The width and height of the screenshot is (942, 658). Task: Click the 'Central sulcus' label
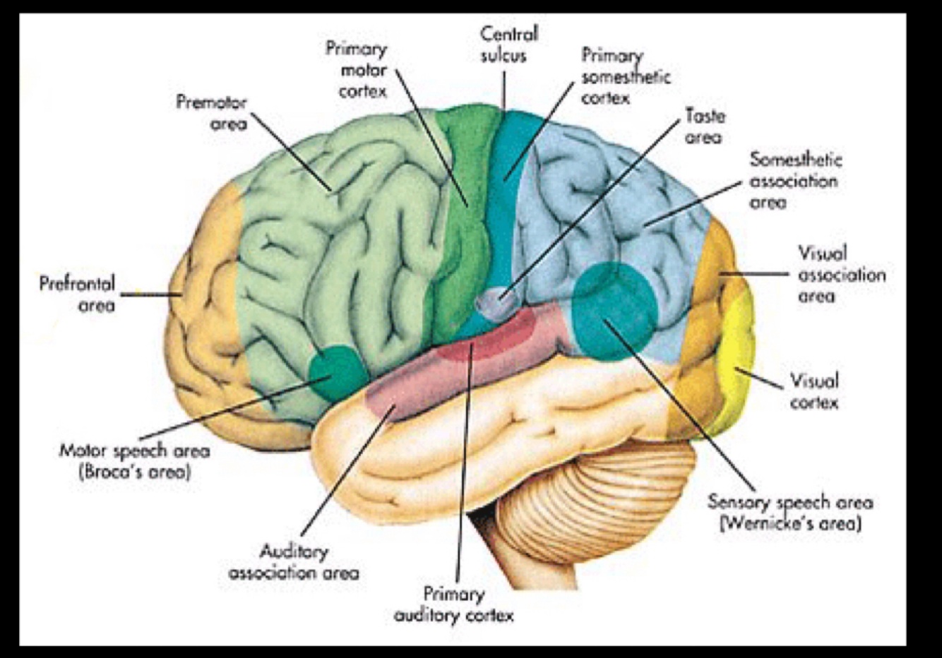[508, 44]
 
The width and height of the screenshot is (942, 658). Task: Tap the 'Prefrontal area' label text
[77, 294]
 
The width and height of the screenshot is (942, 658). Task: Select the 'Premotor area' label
[212, 113]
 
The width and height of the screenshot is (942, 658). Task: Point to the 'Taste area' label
[704, 126]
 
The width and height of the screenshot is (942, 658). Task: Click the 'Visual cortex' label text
[814, 392]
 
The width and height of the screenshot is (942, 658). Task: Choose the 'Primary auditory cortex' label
[454, 605]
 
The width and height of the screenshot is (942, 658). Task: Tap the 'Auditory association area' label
[294, 562]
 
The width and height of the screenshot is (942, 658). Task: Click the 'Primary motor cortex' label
[357, 70]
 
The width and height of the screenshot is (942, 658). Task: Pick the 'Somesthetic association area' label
[794, 181]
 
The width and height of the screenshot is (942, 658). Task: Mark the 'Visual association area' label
[840, 274]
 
